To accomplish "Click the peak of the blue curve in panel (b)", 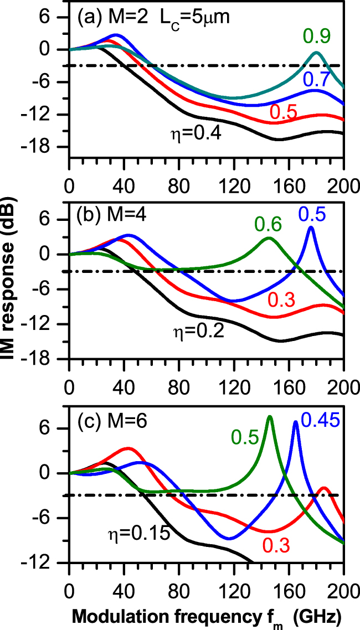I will pyautogui.click(x=311, y=227).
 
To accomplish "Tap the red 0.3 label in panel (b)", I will pyautogui.click(x=281, y=299).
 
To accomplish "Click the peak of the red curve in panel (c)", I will pyautogui.click(x=324, y=488).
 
